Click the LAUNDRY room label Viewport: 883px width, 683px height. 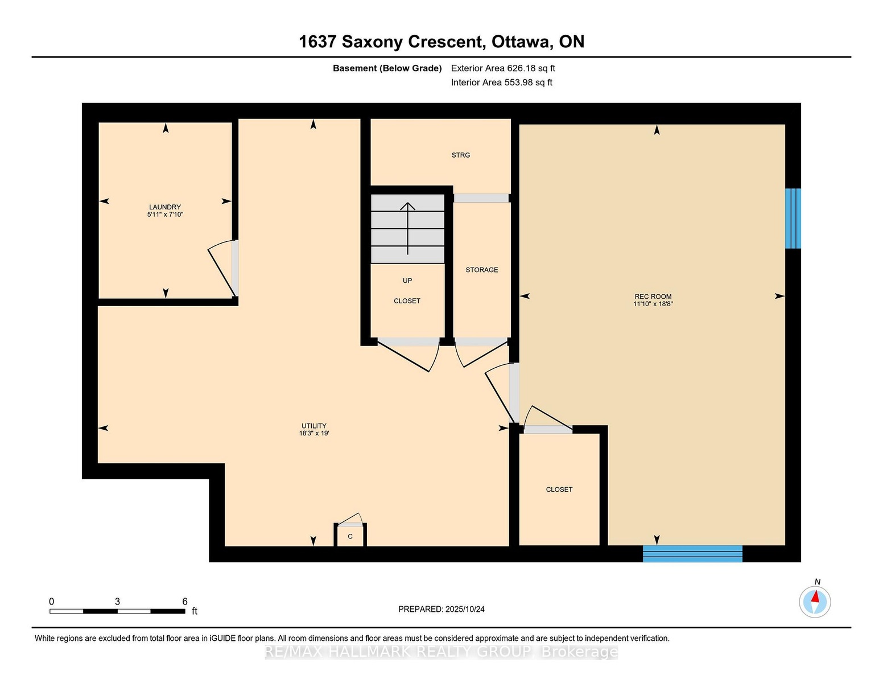(x=164, y=207)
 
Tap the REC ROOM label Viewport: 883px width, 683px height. (x=653, y=297)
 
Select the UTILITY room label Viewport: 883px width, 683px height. (x=313, y=426)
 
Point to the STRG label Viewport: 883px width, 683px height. (x=461, y=155)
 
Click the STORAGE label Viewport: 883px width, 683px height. (x=481, y=270)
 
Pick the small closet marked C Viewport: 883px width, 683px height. (x=350, y=536)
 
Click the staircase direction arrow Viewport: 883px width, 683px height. (x=407, y=228)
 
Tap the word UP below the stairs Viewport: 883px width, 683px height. (x=407, y=281)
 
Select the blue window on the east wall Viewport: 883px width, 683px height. (x=793, y=219)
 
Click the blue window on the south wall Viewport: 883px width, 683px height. (x=692, y=554)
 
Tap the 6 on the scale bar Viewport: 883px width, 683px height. (x=185, y=602)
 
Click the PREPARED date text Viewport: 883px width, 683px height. (x=441, y=609)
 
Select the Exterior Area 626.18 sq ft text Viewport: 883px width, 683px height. (x=503, y=68)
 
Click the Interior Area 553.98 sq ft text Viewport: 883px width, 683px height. (x=502, y=83)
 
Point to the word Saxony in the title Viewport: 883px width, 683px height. (x=373, y=42)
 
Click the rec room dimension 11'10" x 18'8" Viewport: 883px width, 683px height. (x=653, y=304)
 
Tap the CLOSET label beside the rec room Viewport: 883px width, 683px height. (x=559, y=489)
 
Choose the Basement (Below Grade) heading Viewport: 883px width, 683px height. (x=387, y=68)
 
